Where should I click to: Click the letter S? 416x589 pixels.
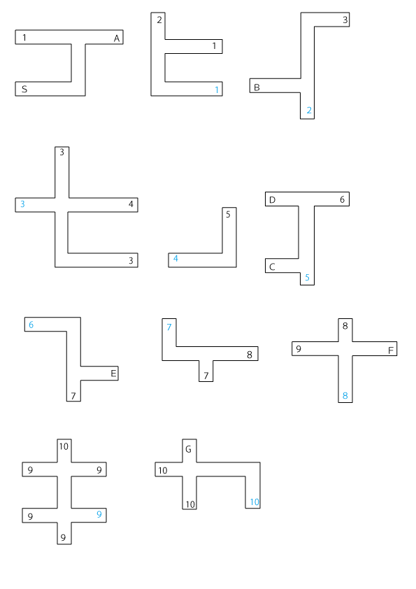pyautogui.click(x=24, y=90)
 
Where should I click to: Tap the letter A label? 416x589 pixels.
pyautogui.click(x=117, y=38)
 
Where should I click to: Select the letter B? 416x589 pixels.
pyautogui.click(x=257, y=87)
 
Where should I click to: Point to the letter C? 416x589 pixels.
pyautogui.click(x=272, y=267)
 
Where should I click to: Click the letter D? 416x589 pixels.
pyautogui.click(x=272, y=200)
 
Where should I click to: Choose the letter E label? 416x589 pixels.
pyautogui.click(x=113, y=374)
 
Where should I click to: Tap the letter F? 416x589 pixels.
pyautogui.click(x=390, y=350)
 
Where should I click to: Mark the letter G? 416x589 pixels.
pyautogui.click(x=189, y=449)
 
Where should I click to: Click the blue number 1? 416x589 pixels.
pyautogui.click(x=217, y=90)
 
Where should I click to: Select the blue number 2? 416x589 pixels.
pyautogui.click(x=309, y=110)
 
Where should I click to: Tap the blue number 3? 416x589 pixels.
pyautogui.click(x=22, y=204)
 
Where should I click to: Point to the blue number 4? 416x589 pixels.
pyautogui.click(x=175, y=258)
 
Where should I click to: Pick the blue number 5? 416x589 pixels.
pyautogui.click(x=307, y=278)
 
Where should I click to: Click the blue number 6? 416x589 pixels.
pyautogui.click(x=31, y=325)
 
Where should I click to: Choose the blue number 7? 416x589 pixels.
pyautogui.click(x=169, y=327)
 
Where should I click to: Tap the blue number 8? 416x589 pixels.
pyautogui.click(x=345, y=395)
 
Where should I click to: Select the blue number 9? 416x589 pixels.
pyautogui.click(x=99, y=514)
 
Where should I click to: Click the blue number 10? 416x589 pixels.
pyautogui.click(x=254, y=502)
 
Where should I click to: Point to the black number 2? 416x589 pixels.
pyautogui.click(x=159, y=20)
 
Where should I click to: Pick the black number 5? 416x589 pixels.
pyautogui.click(x=228, y=215)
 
